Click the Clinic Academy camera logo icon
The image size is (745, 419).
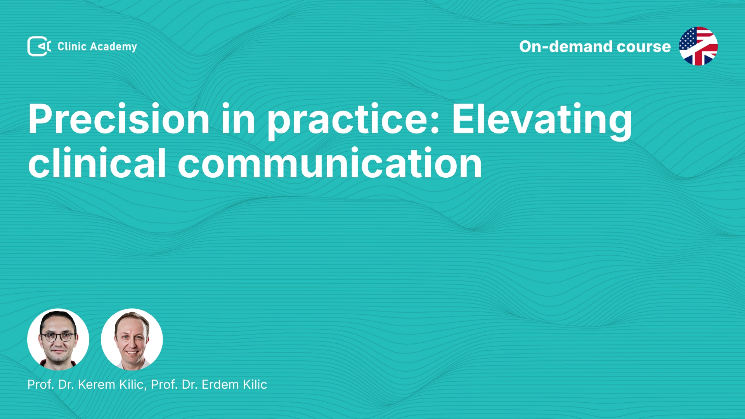click(39, 46)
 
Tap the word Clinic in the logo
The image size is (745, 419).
click(72, 46)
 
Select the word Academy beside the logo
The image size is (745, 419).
click(113, 47)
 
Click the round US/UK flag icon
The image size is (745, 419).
click(698, 46)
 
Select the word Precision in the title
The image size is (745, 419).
click(119, 119)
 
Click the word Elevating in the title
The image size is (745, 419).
click(542, 120)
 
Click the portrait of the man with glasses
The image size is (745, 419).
click(58, 339)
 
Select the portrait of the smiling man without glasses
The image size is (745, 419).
click(132, 339)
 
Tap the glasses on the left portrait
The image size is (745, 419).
click(58, 337)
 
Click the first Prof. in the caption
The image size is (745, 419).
click(40, 384)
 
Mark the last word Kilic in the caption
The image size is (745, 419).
click(255, 384)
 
